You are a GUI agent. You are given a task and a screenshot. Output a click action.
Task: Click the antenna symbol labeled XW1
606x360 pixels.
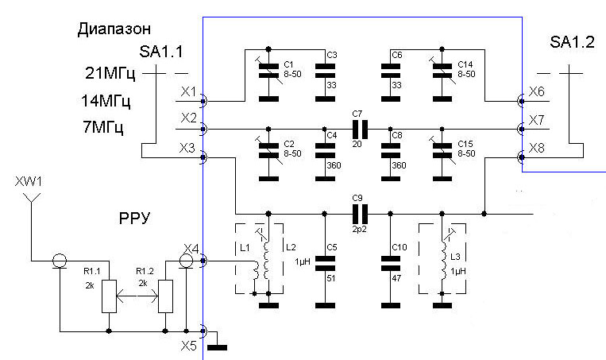point(32,198)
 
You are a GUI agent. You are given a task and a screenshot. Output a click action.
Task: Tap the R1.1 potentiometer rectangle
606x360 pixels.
point(109,296)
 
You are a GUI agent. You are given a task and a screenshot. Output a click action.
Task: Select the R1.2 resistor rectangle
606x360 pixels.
point(165,296)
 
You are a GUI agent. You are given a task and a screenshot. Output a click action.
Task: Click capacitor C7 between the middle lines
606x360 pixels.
point(360,130)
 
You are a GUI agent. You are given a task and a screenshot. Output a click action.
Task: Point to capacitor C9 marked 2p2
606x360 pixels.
point(360,214)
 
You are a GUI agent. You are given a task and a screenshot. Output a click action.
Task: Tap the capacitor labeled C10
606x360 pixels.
point(391,263)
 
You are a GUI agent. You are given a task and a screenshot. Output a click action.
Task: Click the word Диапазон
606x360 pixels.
point(114,29)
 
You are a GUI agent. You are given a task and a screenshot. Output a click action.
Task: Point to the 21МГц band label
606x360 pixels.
point(110,73)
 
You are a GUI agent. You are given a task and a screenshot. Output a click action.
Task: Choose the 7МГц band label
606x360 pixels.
point(102,127)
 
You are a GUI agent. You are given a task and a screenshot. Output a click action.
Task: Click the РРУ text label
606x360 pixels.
point(134,219)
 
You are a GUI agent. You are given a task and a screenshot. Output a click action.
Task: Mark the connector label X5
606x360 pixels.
point(189,346)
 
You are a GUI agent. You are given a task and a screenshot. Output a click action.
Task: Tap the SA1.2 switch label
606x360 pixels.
point(572,42)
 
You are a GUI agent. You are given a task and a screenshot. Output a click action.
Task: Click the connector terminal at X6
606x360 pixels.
point(521,101)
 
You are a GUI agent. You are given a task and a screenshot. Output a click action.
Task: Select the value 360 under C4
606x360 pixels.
point(334,165)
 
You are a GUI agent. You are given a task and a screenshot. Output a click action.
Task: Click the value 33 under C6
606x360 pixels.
point(396,85)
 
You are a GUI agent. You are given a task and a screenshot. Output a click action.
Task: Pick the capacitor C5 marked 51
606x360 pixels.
point(326,263)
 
